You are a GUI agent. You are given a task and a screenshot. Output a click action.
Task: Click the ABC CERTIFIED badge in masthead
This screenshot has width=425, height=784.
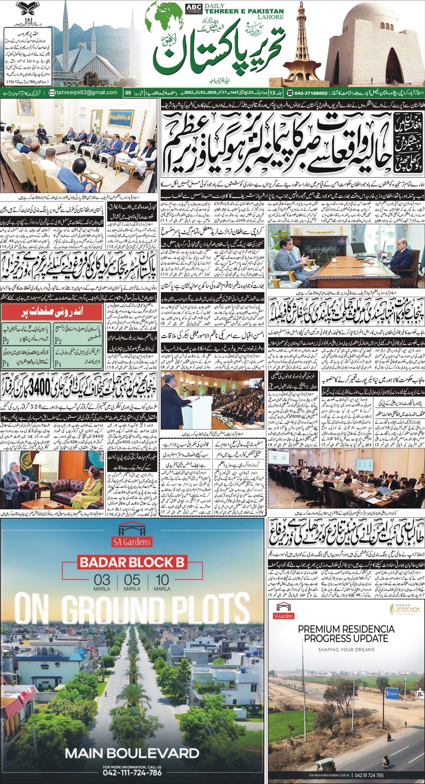[x=194, y=9]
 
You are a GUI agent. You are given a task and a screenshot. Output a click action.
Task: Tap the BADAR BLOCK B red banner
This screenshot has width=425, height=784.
[x=132, y=562]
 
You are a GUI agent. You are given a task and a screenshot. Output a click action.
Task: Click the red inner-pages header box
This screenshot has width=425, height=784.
[x=51, y=312]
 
